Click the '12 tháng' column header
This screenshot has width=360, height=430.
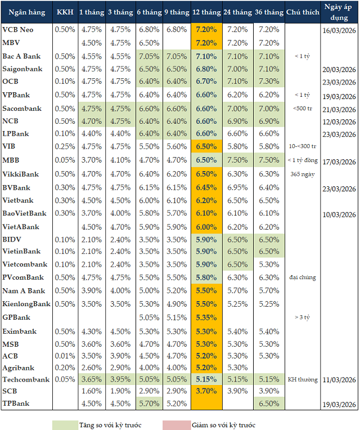[x=207, y=12]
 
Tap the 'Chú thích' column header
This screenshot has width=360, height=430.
[x=301, y=12]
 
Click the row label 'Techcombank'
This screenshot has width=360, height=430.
[x=26, y=380]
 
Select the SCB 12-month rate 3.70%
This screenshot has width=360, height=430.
[x=207, y=391]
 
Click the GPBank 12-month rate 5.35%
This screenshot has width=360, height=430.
[x=207, y=317]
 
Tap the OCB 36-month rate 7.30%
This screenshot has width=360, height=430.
[x=268, y=81]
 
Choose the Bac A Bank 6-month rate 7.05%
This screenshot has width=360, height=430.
[x=148, y=56]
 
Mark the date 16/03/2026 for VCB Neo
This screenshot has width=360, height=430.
[x=338, y=29]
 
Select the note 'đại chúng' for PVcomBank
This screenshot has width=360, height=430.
[x=303, y=277]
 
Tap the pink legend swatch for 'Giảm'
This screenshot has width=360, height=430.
[x=177, y=424]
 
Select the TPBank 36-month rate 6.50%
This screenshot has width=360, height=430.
[x=268, y=404]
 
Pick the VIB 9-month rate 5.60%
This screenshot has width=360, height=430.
[x=177, y=146]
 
